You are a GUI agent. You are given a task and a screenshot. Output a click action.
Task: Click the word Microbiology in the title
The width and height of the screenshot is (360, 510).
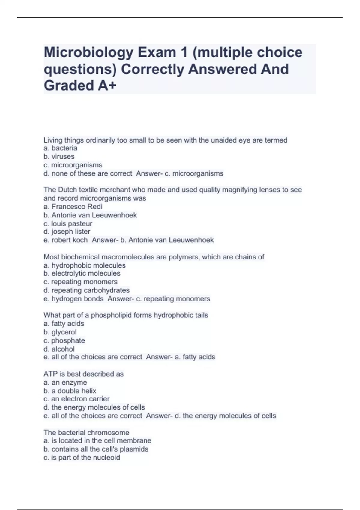89,53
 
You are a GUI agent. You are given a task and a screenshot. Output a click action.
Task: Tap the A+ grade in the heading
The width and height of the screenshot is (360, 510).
107,86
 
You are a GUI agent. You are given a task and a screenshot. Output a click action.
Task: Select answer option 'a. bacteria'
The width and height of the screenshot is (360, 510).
60,148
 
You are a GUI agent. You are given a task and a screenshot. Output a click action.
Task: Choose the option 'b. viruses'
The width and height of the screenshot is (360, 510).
59,157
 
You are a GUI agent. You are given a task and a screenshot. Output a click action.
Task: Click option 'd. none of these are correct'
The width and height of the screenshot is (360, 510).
88,174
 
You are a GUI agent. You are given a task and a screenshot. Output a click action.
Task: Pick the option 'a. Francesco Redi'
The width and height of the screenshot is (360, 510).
73,207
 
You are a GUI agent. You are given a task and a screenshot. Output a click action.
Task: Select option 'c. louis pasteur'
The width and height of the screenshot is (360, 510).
68,224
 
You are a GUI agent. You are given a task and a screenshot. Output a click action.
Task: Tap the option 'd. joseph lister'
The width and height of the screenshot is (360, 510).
67,232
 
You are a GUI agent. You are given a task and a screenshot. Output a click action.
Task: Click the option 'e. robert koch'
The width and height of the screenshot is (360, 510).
65,240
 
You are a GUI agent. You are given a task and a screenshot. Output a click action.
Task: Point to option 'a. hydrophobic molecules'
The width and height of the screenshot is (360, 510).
85,266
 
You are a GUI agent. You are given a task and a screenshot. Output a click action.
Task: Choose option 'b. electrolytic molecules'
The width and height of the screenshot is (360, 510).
82,274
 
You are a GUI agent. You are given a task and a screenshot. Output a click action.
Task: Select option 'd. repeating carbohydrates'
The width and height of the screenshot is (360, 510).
86,290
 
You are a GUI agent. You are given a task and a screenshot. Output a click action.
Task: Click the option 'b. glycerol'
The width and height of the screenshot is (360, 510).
60,332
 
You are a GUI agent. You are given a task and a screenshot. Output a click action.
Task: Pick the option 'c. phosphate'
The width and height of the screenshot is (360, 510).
64,341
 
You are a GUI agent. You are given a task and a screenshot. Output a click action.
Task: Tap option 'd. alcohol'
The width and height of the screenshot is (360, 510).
59,349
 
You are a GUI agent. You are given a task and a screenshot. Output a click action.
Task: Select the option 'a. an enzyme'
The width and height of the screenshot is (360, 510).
65,382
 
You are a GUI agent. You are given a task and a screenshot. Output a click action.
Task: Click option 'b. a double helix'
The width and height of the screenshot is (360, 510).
70,391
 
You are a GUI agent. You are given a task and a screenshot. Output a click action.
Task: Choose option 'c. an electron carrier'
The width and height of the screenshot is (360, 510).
76,399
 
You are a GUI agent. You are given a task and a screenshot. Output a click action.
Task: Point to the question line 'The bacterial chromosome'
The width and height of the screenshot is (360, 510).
86,433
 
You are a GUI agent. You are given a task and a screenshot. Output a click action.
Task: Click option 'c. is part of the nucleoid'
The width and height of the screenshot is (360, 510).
82,458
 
